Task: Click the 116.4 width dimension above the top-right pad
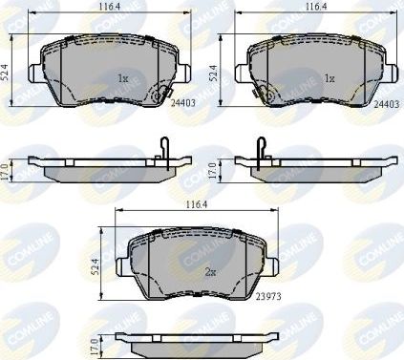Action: pyautogui.click(x=310, y=8)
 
